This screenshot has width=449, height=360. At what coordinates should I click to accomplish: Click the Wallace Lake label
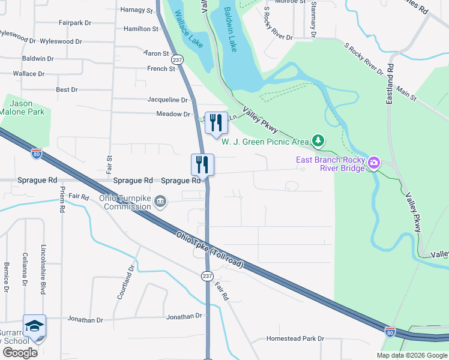coord(190,31)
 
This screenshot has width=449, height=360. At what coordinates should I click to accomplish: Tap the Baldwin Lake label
coord(234,29)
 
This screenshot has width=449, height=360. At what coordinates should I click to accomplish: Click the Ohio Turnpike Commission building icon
coord(160,201)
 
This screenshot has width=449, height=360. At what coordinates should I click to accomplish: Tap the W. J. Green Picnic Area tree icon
coord(318,142)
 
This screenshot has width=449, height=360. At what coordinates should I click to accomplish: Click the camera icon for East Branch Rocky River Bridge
coord(373,163)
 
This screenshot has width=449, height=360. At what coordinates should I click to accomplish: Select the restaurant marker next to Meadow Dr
coord(216,122)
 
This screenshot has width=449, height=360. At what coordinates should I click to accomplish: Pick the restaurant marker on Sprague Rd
coord(202,164)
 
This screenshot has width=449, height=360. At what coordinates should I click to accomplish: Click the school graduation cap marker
coord(34,325)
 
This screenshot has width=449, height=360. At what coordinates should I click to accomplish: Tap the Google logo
coord(20,352)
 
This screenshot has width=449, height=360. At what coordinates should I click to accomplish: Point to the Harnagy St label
coord(136,10)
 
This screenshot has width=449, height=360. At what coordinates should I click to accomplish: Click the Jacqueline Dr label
coord(167,100)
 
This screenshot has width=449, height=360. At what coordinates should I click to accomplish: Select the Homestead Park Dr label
coord(295,338)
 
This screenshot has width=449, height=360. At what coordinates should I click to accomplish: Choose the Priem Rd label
coord(62,199)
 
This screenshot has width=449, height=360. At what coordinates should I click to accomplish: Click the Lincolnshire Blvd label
coord(43,269)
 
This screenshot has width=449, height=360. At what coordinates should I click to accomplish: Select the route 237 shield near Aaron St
coord(176,60)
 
